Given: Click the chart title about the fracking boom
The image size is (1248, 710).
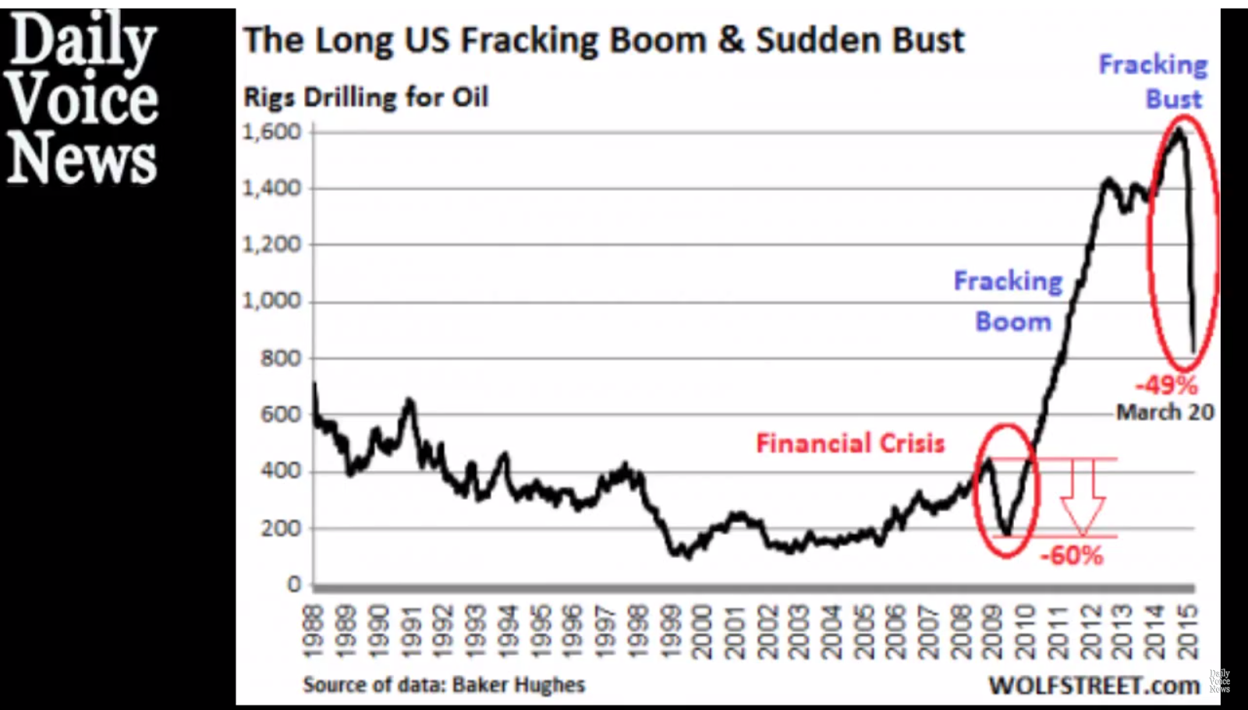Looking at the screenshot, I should [604, 40].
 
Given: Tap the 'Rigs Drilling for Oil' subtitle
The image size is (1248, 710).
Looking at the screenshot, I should [366, 97].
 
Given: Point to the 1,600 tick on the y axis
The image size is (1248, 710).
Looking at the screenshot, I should [271, 132].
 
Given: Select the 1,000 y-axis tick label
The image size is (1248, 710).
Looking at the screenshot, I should [271, 301].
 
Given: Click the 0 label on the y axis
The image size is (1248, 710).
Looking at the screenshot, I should [293, 584].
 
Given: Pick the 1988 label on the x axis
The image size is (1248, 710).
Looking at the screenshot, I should [313, 632].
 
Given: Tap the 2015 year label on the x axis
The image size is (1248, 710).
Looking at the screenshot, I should [1189, 632].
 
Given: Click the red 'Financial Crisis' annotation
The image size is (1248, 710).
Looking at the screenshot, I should [850, 443].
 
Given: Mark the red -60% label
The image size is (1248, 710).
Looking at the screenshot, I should [1072, 556].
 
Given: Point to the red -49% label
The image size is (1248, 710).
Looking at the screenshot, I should [1166, 385].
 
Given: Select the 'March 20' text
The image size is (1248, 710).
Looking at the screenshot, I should [1165, 412].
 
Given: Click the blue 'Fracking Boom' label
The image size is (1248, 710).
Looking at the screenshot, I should [1009, 301].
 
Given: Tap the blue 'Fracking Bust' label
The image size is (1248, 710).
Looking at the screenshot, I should [1154, 81].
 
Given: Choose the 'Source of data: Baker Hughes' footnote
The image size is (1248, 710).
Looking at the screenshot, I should [444, 684].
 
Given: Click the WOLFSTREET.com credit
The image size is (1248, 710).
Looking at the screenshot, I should [1094, 685].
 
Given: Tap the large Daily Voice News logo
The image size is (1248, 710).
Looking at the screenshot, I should [83, 97].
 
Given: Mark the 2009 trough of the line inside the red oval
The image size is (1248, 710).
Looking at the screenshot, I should [1007, 534].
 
